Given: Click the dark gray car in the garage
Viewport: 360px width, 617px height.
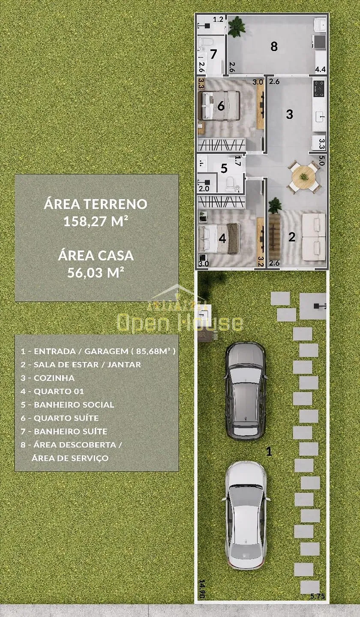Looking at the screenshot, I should coord(245,391).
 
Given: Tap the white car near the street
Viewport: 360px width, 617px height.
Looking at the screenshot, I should coord(246,515).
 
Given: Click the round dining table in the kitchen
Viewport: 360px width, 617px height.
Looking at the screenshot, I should coord(304,177).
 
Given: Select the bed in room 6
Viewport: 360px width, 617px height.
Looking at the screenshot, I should coord(220,105).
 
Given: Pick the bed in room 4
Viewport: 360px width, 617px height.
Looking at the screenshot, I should coord(219,239).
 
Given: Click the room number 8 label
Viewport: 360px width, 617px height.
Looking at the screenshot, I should coord(274,46).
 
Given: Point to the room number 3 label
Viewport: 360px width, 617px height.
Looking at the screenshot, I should coord(290,114).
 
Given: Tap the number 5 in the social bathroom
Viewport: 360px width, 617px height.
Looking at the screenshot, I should coord(224,168).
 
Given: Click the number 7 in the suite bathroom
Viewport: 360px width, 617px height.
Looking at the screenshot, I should coord(213,55).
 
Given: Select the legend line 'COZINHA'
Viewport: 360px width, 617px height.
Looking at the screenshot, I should coord(54,378).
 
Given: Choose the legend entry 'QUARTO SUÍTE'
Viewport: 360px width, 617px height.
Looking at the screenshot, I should coord(66,418).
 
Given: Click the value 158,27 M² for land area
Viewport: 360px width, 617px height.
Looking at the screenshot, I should coord(96,222).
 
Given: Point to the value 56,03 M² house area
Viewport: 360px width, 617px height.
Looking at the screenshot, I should coord(96,273).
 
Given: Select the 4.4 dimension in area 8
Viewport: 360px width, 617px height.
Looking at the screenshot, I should coord(320,69).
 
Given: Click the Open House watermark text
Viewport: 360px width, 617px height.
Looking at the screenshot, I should coord(180,323).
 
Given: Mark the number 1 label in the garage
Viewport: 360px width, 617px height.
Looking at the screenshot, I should coord(269,451).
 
